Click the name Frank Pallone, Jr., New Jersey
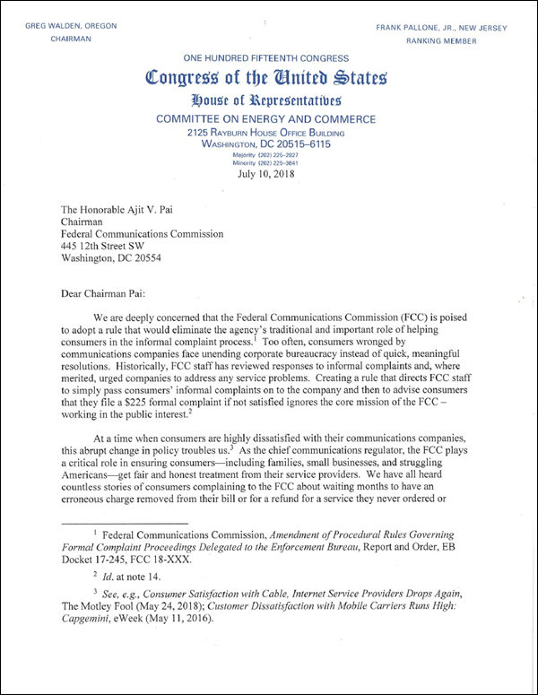click(x=452, y=27)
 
